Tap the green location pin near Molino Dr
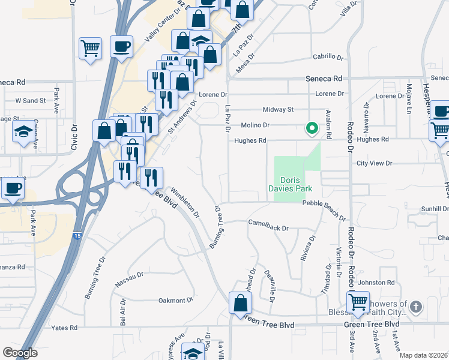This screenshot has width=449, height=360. (x=312, y=128)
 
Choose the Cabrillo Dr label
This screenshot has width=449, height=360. (x=328, y=58)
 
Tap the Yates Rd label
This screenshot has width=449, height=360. (x=65, y=328)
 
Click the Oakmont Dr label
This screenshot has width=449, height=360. (x=175, y=300)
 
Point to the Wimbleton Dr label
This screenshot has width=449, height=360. (x=184, y=203)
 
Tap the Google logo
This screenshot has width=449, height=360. (x=20, y=353)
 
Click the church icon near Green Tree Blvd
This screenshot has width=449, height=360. (x=415, y=308)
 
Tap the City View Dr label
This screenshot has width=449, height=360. (x=373, y=163)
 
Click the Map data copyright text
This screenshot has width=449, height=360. (x=423, y=355)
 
